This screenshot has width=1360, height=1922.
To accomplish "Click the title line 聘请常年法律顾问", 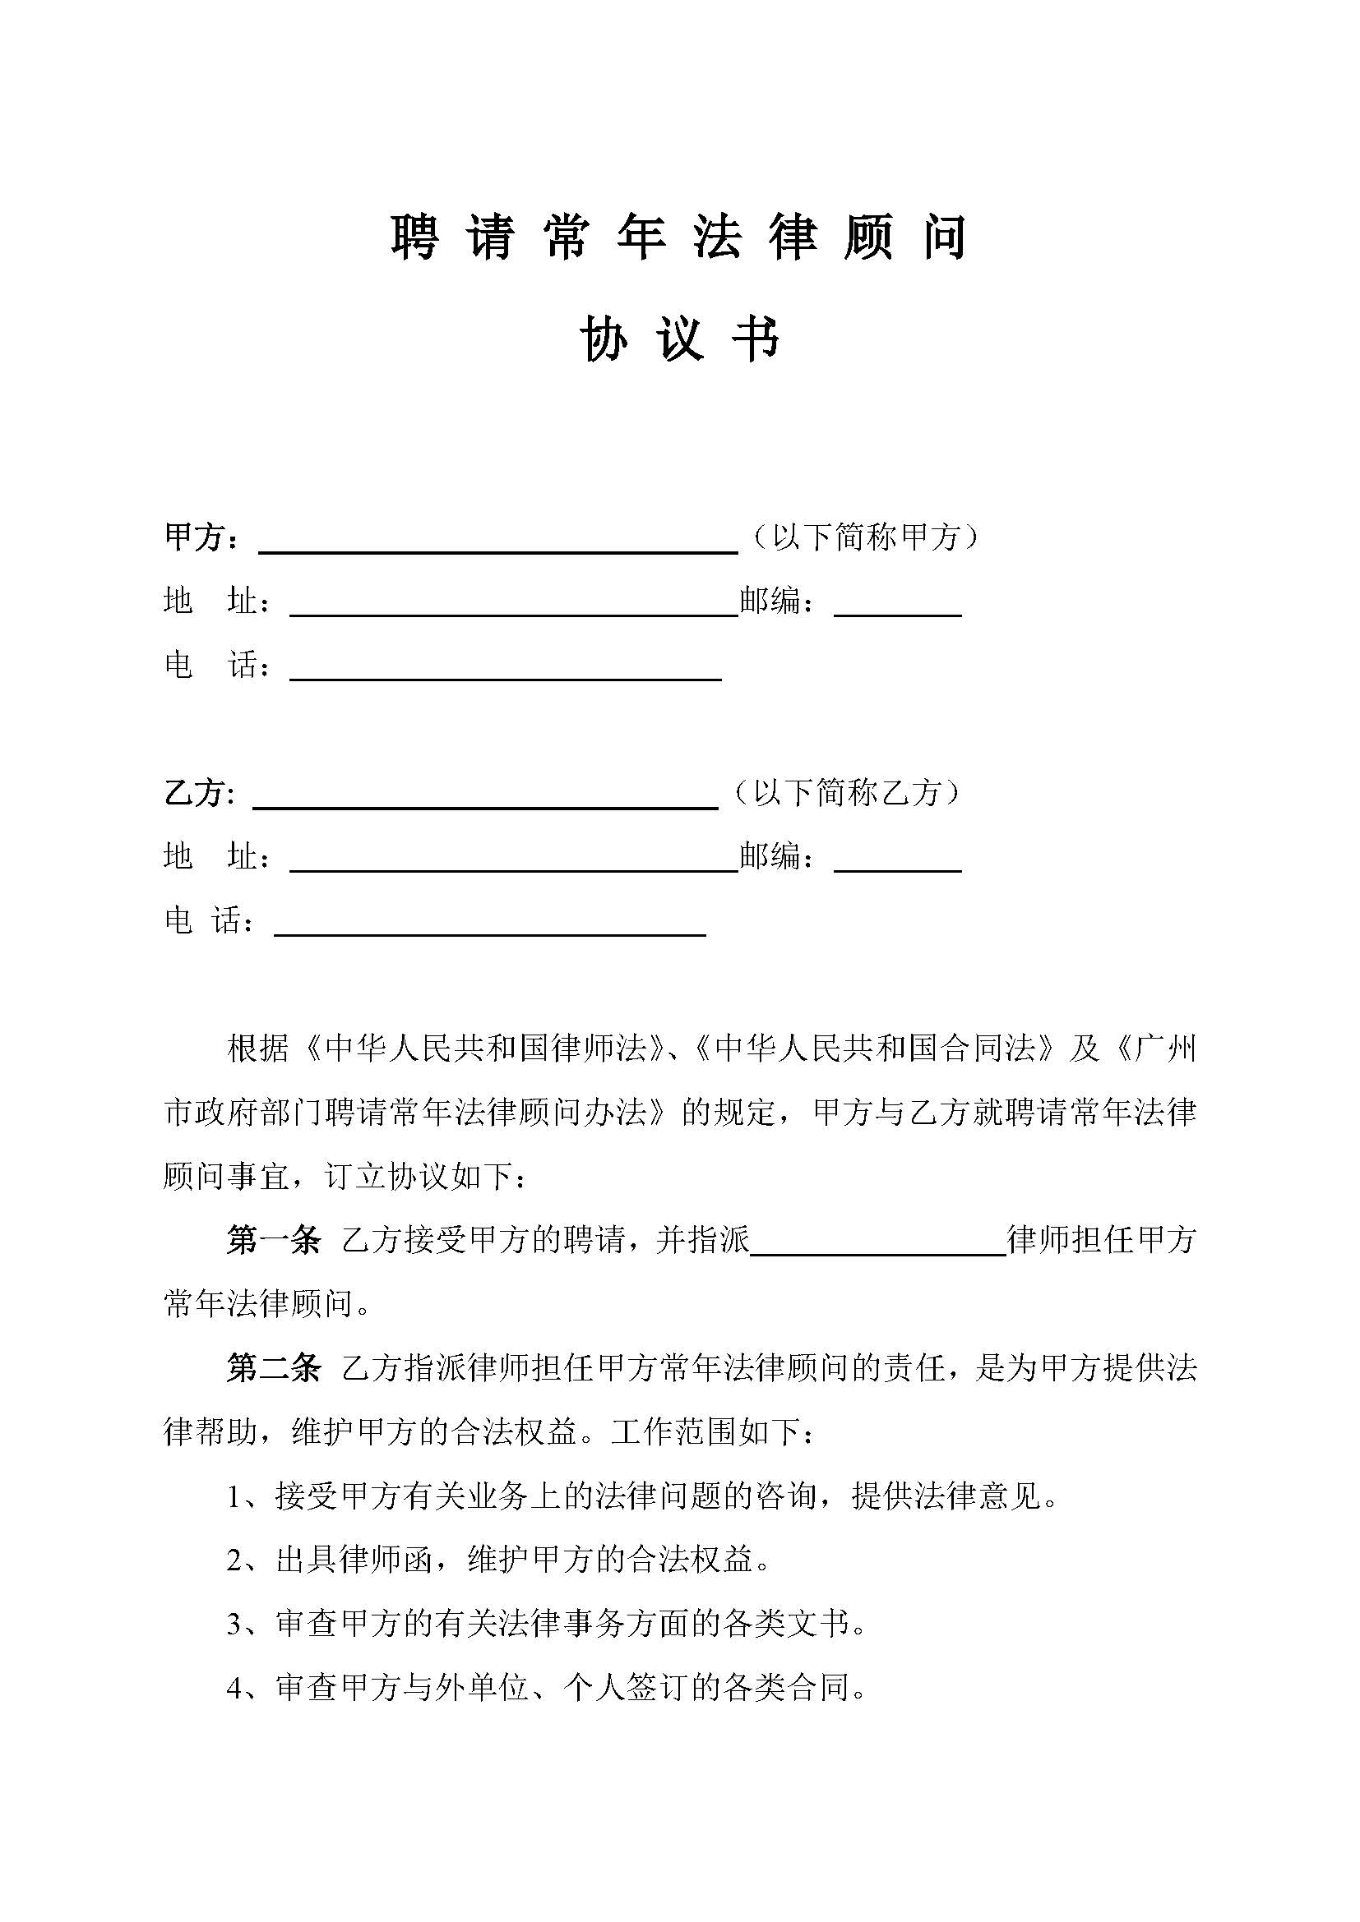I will click(679, 237).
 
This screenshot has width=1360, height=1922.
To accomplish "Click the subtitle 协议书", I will click(679, 340).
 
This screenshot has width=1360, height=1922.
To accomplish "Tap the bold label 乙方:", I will click(199, 792).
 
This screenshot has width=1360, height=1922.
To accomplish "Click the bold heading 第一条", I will click(274, 1241).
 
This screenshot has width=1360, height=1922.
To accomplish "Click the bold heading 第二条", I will click(274, 1368).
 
